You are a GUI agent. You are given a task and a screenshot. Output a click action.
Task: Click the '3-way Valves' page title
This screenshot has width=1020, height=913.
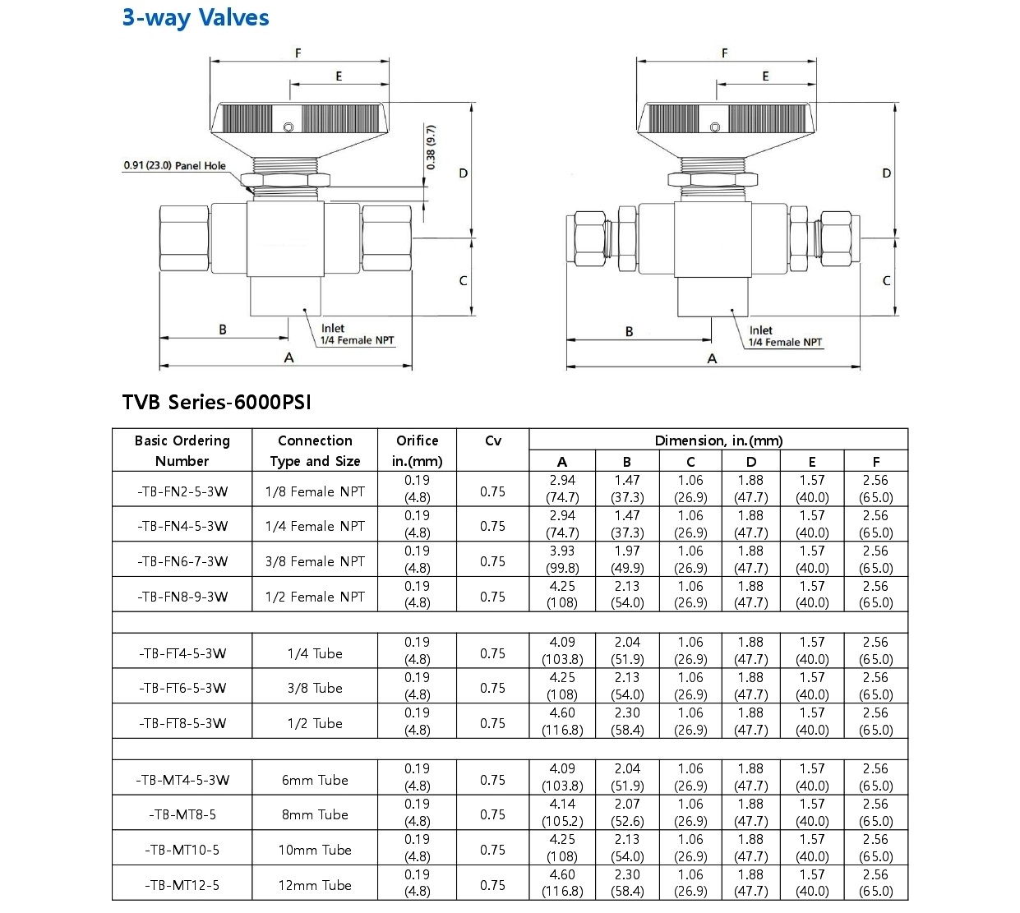196,18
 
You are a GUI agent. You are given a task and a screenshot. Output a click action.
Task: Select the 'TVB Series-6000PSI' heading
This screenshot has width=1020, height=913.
216,402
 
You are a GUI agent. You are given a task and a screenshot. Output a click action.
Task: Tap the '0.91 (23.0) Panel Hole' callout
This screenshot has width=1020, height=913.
174,166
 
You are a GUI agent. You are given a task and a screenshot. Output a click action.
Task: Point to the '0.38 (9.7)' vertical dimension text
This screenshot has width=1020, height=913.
431,148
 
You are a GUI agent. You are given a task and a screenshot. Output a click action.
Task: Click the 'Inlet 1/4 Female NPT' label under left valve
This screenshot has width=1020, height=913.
357,334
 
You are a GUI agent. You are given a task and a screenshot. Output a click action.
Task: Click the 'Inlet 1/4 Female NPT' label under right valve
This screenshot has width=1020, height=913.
784,337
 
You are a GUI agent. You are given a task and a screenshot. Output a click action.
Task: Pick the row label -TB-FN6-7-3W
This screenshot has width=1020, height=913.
182,561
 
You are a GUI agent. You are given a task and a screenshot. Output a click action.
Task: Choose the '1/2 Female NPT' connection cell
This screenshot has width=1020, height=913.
315,597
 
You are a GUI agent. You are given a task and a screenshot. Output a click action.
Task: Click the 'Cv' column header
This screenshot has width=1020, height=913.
492,440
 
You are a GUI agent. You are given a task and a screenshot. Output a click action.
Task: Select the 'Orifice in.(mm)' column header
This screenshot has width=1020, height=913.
417,450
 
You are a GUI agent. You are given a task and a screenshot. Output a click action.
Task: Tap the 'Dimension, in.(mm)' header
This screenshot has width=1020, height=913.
718,440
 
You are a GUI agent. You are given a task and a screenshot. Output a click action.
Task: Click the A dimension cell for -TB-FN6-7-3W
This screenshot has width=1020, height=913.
562,560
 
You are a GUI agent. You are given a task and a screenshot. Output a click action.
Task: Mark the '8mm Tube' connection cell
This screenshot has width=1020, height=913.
315,814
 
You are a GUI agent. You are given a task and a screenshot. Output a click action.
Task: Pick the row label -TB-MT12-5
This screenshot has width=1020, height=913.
182,885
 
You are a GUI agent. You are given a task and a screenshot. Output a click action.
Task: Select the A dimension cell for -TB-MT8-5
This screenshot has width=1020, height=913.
562,813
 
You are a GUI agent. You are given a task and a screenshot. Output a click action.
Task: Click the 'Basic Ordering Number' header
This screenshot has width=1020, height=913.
182,450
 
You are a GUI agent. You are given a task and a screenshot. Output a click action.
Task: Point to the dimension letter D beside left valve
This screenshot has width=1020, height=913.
464,173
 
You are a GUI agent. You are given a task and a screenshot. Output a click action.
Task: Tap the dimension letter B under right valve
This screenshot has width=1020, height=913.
630,332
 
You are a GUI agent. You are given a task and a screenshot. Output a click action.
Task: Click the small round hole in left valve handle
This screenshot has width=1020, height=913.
288,127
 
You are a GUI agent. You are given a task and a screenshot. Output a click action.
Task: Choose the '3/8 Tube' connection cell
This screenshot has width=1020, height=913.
315,688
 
